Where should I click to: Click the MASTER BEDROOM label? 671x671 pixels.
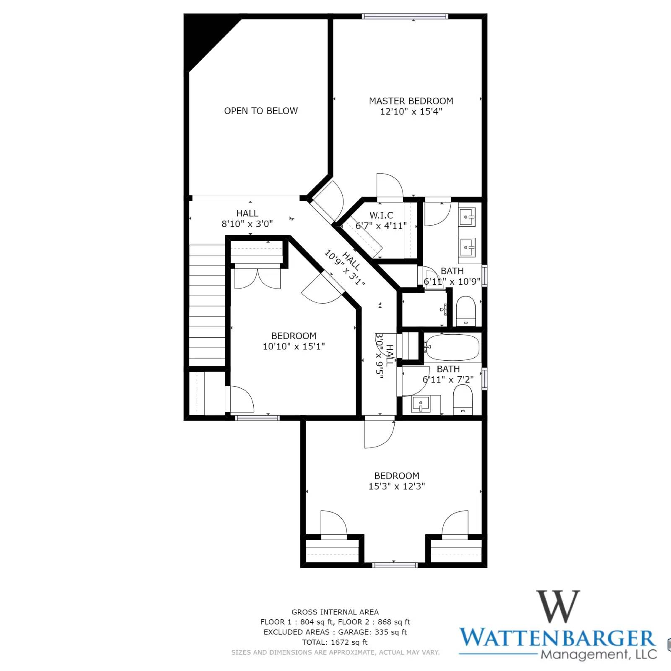click(411, 101)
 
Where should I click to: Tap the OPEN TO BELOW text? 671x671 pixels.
click(261, 111)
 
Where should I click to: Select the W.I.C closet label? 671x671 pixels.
click(381, 216)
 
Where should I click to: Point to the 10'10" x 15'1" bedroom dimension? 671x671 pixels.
click(294, 346)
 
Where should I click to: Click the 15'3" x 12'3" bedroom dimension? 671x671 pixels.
click(397, 486)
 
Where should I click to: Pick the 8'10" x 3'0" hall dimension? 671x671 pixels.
click(247, 224)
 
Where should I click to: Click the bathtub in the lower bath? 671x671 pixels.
click(452, 347)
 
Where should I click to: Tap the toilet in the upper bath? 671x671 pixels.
click(465, 311)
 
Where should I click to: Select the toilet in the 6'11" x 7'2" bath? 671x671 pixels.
click(463, 400)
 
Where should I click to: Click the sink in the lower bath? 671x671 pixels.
click(421, 405)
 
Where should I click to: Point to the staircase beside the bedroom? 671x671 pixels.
click(207, 305)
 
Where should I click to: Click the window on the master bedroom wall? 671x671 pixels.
click(405, 16)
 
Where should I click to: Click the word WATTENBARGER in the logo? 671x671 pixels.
click(558, 638)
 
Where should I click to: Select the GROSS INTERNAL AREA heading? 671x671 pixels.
click(335, 612)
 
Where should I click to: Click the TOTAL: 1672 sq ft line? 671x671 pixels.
click(335, 642)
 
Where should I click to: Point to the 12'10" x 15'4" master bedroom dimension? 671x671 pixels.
click(411, 112)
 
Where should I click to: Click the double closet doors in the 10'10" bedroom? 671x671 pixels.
click(257, 278)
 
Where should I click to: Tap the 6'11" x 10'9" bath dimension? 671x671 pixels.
click(452, 281)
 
